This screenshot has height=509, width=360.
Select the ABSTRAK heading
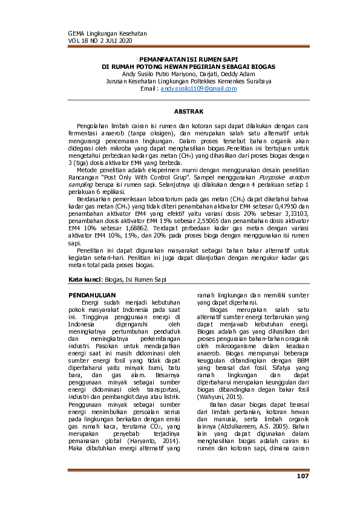click(188, 112)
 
